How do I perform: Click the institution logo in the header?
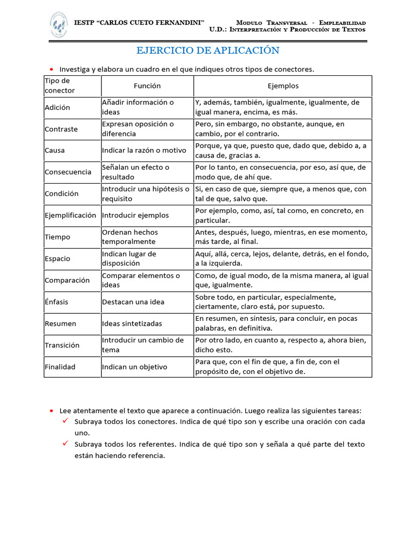[58, 25]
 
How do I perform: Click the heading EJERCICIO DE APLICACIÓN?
[207, 50]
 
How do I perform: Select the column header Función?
[147, 86]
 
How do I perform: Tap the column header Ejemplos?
[283, 86]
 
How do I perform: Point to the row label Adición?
[57, 107]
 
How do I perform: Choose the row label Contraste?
[61, 129]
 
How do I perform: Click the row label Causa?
[55, 151]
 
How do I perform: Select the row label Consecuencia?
[68, 172]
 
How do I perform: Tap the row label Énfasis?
[56, 302]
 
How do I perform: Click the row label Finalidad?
[60, 367]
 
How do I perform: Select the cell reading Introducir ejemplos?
[135, 215]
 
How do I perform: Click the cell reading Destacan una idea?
[133, 302]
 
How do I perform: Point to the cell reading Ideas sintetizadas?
[132, 324]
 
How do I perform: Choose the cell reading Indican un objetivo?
[135, 367]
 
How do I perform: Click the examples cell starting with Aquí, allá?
[282, 259]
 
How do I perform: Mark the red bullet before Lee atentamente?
[51, 411]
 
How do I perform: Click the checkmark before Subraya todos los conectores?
[64, 421]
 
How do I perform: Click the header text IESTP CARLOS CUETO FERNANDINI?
[139, 23]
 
